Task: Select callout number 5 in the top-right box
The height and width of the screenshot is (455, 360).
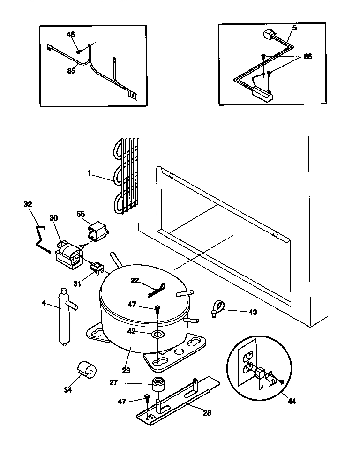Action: (294, 28)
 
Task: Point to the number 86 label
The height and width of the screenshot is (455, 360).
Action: (307, 56)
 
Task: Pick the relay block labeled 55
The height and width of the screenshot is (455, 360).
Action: (97, 231)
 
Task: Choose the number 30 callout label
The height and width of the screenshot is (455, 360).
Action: (53, 218)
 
